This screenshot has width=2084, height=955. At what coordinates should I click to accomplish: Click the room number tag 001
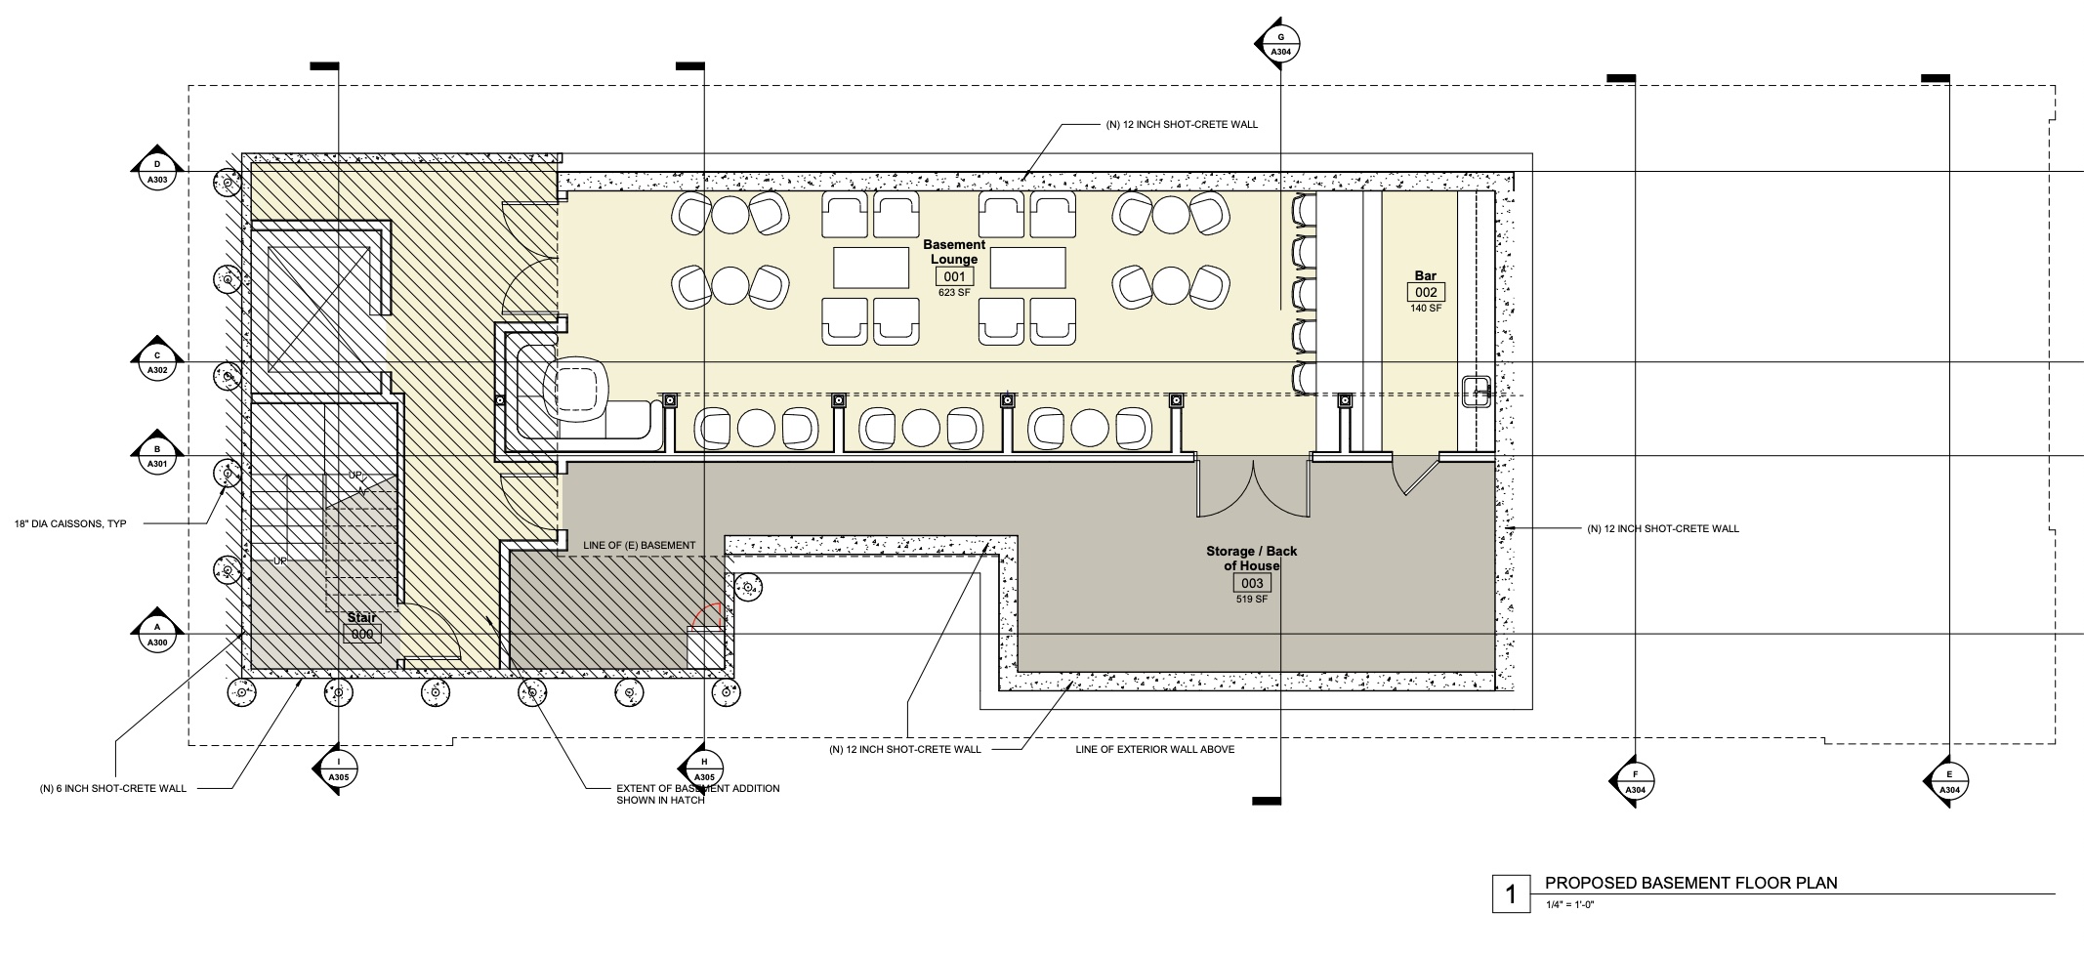[x=953, y=277]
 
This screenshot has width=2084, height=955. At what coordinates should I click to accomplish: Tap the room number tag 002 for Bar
[x=1426, y=293]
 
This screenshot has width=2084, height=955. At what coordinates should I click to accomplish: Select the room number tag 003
[x=1252, y=584]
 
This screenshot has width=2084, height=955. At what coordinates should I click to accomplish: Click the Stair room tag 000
[x=362, y=634]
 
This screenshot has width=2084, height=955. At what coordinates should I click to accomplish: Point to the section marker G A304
[x=1279, y=43]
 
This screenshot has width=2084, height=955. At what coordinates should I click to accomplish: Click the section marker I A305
[x=338, y=771]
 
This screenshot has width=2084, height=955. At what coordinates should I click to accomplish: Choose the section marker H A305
[x=703, y=771]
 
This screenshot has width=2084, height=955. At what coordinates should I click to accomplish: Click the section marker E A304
[x=1948, y=781]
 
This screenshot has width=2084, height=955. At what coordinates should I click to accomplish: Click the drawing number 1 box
[x=1511, y=894]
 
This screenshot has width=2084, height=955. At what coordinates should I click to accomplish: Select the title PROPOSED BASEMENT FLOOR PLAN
[x=1691, y=884]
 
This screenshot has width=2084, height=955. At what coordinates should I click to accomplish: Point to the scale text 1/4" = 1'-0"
[x=1570, y=904]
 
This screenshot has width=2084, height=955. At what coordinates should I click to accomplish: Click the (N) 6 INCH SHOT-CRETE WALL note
[x=113, y=788]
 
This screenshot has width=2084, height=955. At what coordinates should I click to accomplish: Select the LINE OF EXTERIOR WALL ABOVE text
[x=1155, y=750]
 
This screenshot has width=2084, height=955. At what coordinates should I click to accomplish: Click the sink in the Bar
[x=1476, y=392]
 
